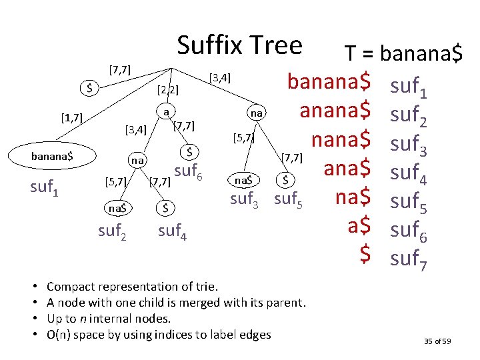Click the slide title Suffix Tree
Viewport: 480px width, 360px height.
(239, 45)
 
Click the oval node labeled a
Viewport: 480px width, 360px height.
(165, 111)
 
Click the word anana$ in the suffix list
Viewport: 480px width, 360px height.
(335, 109)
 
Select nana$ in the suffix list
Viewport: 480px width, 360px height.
(341, 141)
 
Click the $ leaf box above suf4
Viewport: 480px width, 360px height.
(166, 209)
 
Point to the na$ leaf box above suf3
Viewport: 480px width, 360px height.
(242, 180)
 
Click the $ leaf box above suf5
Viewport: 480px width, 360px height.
(285, 180)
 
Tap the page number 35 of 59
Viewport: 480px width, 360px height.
(437, 341)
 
